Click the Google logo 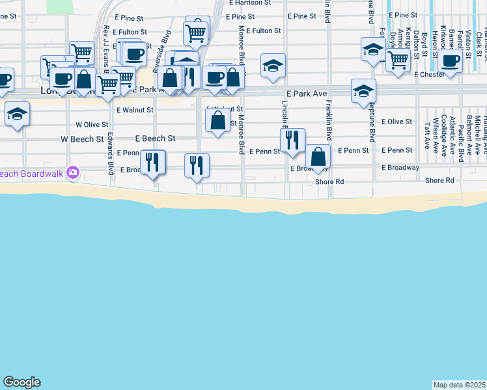pyautogui.click(x=21, y=382)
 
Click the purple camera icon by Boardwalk pyautogui.click(x=72, y=172)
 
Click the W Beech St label pyautogui.click(x=82, y=139)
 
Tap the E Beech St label pyautogui.click(x=156, y=138)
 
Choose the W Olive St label pyautogui.click(x=92, y=123)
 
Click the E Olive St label pyautogui.click(x=397, y=122)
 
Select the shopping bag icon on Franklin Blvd pyautogui.click(x=318, y=157)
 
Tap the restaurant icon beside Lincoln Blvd pyautogui.click(x=292, y=138)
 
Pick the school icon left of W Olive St pyautogui.click(x=17, y=113)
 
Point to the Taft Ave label pyautogui.click(x=428, y=134)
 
